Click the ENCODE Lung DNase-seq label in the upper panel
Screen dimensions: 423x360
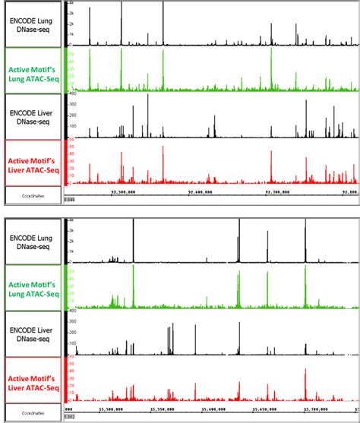[31, 25]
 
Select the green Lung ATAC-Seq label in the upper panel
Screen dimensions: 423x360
[31, 71]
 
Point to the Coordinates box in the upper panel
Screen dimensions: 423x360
[31, 195]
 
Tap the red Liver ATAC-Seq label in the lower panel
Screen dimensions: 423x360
[31, 379]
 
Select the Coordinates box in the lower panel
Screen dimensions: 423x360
[31, 412]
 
